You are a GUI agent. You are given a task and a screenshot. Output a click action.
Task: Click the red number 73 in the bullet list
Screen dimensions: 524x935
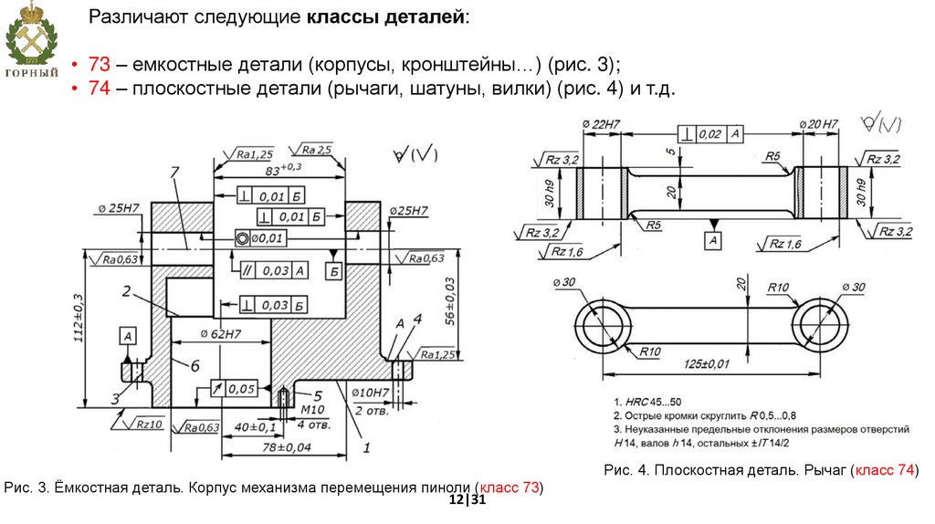[100, 65]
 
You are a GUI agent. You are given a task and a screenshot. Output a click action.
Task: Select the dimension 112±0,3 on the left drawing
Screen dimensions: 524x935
[79, 320]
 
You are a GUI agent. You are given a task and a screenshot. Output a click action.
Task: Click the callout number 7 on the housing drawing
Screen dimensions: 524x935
[173, 172]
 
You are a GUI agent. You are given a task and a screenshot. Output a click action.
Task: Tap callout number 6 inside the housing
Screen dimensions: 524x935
[194, 365]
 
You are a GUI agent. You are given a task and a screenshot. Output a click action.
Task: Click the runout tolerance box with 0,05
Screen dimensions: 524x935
[234, 389]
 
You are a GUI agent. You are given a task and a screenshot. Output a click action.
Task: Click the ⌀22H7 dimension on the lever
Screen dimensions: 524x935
[600, 123]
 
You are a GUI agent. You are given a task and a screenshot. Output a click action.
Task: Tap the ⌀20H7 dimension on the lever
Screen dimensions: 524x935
[817, 123]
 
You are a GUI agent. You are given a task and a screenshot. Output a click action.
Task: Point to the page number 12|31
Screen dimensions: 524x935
[467, 501]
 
